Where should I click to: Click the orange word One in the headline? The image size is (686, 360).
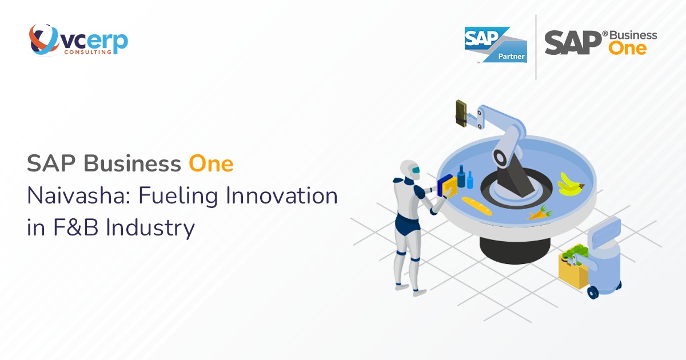pyautogui.click(x=211, y=164)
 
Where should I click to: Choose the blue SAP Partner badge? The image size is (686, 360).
pyautogui.click(x=495, y=44)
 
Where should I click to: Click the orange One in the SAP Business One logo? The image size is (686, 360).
pyautogui.click(x=628, y=49)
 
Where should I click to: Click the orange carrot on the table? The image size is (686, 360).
pyautogui.click(x=538, y=214)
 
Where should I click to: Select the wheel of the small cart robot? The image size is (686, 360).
pyautogui.click(x=593, y=293)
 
